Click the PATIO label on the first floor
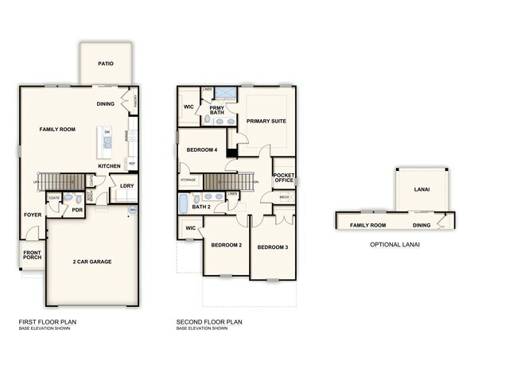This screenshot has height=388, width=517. click(x=106, y=62)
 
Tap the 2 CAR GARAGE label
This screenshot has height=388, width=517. click(x=92, y=262)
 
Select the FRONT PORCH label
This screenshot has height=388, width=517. click(x=32, y=255)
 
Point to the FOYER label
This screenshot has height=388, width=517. click(x=32, y=215)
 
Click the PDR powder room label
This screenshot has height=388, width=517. click(x=78, y=211)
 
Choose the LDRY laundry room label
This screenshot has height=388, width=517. click(x=126, y=186)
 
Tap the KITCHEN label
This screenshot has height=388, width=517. click(x=110, y=166)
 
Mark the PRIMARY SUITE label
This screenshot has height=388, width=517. click(x=266, y=122)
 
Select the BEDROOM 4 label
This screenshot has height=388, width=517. click(x=202, y=149)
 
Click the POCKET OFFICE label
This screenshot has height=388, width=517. click(x=284, y=177)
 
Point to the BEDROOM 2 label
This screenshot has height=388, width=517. click(x=226, y=245)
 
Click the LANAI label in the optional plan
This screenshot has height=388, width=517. click(x=422, y=190)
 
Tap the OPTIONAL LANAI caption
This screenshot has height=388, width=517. click(x=395, y=245)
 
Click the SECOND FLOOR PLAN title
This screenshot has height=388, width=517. click(x=209, y=322)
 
